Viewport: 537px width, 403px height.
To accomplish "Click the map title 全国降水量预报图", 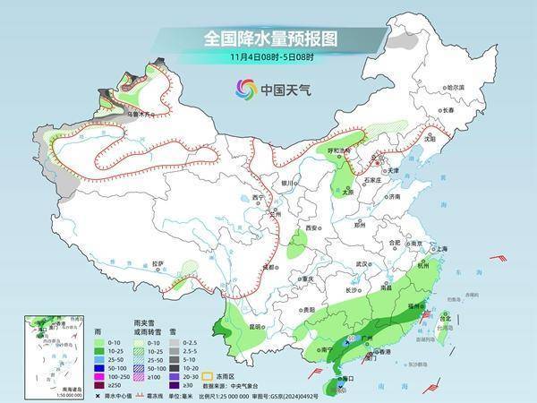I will pos(268,39).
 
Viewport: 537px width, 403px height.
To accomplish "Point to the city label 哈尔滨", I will pos(456,88).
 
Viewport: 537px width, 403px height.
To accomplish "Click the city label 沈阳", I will pos(430,140).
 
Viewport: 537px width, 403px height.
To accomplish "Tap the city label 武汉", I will pos(362,265).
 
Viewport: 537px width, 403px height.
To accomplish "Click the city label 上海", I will pos(439,249).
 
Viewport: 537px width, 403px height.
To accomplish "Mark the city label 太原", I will pos(348,192).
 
